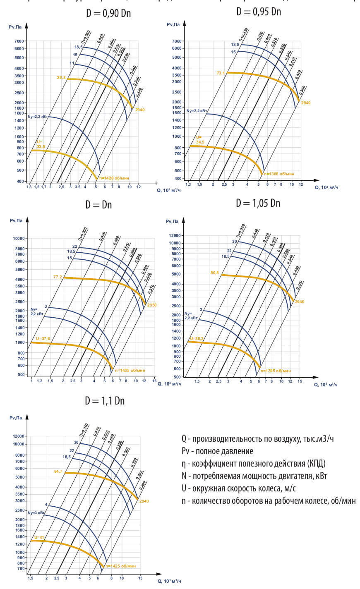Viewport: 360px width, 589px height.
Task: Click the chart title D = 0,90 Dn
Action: pyautogui.click(x=108, y=13)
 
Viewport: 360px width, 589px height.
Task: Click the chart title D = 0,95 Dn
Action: pyautogui.click(x=259, y=12)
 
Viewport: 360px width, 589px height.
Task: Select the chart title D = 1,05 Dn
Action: pyautogui.click(x=258, y=203)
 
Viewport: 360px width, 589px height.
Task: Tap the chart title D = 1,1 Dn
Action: pyautogui.click(x=105, y=401)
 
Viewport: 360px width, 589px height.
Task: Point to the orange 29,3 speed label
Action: pyautogui.click(x=61, y=77)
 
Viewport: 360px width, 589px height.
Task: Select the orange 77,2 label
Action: pyautogui.click(x=58, y=277)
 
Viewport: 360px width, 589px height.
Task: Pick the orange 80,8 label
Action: pyautogui.click(x=214, y=273)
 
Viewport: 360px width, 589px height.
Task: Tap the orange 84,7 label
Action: pyautogui.click(x=58, y=471)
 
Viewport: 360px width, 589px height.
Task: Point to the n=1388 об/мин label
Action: pyautogui.click(x=279, y=174)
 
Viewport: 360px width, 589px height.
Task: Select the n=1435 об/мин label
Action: pyautogui.click(x=130, y=371)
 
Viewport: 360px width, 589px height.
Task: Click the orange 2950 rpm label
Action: pyautogui.click(x=152, y=305)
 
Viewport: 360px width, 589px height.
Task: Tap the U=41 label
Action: pyautogui.click(x=39, y=537)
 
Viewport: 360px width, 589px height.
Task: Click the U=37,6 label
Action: pyautogui.click(x=43, y=338)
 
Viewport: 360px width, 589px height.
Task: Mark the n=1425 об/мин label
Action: pyautogui.click(x=120, y=566)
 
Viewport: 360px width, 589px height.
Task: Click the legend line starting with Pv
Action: pyautogui.click(x=217, y=451)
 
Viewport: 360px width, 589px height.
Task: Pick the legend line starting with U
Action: pyautogui.click(x=238, y=488)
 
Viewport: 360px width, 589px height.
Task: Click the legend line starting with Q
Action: pyautogui.click(x=257, y=438)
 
